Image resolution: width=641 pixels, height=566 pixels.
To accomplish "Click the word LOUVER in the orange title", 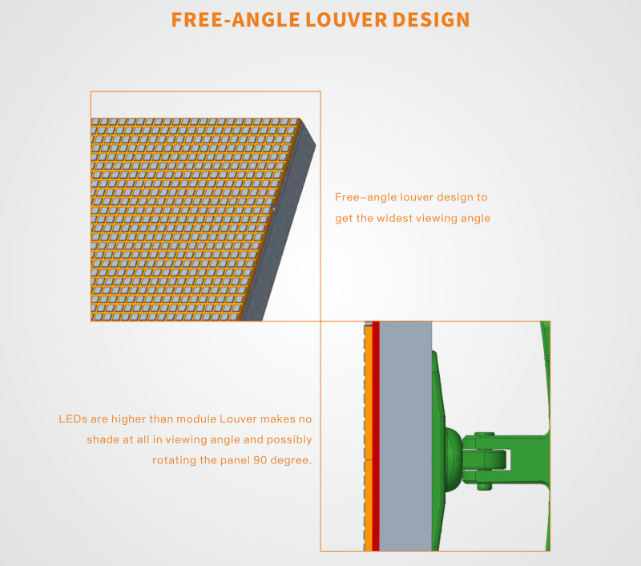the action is click(x=346, y=19).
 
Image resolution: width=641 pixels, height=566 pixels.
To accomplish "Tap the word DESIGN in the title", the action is click(x=431, y=19).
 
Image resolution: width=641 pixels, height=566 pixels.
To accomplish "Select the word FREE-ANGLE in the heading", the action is click(x=236, y=19).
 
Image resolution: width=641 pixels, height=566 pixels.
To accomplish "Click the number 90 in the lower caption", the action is click(x=260, y=460).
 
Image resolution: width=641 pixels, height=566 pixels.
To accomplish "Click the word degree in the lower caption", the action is click(x=291, y=461).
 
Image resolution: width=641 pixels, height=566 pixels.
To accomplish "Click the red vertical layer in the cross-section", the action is click(x=376, y=436).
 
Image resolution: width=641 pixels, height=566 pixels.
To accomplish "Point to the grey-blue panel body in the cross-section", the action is click(x=405, y=436).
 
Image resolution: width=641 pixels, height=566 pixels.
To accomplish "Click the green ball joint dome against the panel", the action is click(x=454, y=459).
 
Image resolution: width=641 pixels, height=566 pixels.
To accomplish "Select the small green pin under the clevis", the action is click(x=485, y=487).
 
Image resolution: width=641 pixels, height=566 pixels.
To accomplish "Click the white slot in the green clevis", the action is click(x=508, y=459).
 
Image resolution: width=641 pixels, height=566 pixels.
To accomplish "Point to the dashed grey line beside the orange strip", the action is click(x=365, y=436).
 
